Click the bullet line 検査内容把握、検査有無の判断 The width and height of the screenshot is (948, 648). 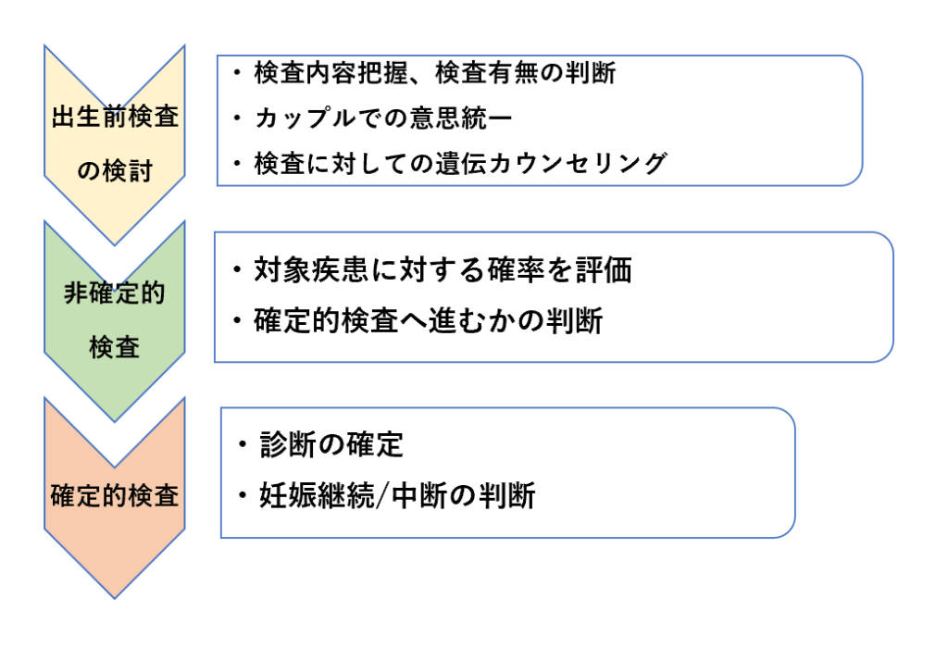coord(435,73)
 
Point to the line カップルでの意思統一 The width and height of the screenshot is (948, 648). coord(383,118)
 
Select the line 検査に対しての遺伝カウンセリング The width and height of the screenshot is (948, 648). coord(461,163)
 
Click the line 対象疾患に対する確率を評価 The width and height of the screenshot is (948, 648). coord(443,269)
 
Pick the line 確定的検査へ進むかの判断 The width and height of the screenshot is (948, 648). coord(428,320)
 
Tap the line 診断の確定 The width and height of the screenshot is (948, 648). coord(331,445)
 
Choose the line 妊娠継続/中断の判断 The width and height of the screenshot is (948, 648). coord(397,495)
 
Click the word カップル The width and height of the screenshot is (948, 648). coord(306,118)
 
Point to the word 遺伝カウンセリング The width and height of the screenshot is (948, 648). coord(552,163)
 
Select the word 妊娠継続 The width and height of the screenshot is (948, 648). coord(317,495)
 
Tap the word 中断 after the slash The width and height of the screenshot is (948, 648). coord(419,495)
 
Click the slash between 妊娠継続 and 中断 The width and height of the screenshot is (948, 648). coord(382,495)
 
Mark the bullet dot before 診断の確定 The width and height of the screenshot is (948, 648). coord(243,445)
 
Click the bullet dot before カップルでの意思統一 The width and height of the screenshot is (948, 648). coord(237,118)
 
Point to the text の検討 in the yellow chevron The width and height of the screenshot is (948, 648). coord(114,171)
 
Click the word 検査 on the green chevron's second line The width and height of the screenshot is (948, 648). coord(114,347)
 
